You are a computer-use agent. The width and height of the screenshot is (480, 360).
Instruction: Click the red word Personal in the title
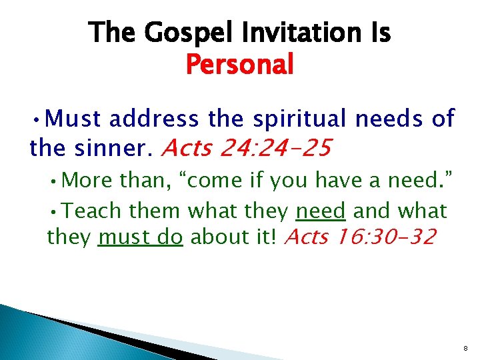(239, 65)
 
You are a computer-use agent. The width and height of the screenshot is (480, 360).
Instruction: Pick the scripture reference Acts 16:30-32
(360, 236)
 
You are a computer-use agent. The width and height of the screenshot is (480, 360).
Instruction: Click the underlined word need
(320, 211)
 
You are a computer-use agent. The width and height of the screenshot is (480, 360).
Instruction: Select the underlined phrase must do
(140, 236)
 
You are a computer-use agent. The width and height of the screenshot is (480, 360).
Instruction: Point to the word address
(153, 119)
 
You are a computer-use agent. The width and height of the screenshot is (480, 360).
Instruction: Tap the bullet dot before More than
(59, 181)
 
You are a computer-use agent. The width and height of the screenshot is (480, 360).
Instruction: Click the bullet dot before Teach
(59, 212)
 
